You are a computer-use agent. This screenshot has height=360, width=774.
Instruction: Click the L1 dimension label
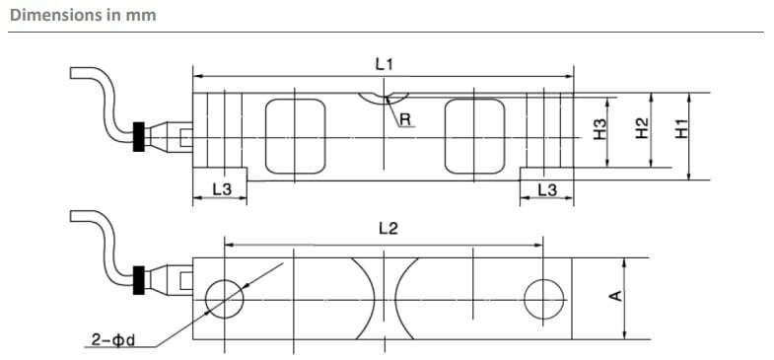(384, 65)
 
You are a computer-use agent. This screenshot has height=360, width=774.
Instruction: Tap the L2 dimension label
(388, 228)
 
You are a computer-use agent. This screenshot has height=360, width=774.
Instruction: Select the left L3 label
(222, 189)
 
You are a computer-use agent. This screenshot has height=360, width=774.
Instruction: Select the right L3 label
(547, 189)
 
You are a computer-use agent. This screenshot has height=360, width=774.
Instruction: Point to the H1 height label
(681, 129)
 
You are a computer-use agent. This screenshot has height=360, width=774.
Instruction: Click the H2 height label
(641, 129)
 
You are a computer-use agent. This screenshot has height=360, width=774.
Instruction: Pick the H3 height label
(599, 130)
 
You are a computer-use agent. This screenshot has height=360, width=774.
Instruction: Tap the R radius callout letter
(405, 119)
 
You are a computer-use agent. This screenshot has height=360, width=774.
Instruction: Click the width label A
(615, 295)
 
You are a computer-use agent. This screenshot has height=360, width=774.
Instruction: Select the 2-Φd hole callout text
(113, 340)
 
